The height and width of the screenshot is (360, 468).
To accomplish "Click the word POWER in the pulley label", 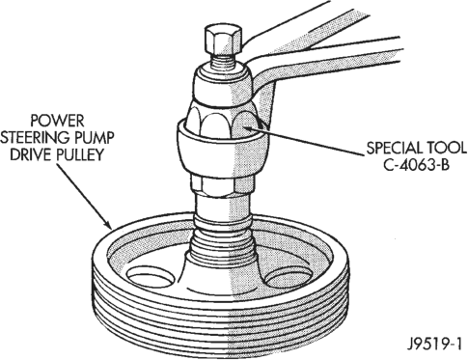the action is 57,121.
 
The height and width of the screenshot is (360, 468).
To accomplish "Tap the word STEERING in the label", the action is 34,138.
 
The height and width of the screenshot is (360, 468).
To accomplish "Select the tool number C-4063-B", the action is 416,165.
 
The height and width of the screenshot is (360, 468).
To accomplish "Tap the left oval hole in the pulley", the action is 148,277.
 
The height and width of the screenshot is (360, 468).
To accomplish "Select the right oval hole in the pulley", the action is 288,277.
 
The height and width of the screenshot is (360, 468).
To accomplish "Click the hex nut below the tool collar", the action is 222,184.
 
